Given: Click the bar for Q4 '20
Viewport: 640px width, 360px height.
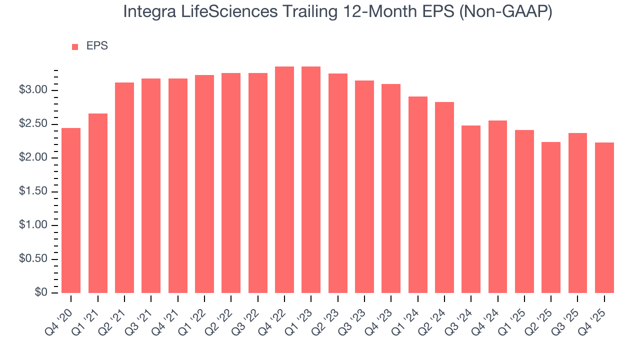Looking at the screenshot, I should tap(71, 210).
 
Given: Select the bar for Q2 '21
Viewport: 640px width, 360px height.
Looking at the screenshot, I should tap(124, 187).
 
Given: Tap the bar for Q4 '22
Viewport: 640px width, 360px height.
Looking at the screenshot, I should tap(284, 179).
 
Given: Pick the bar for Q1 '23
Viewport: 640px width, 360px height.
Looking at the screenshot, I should tap(311, 179).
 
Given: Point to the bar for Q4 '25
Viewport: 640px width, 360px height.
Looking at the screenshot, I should tap(604, 217).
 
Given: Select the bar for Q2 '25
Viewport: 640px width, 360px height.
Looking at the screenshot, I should tap(551, 217).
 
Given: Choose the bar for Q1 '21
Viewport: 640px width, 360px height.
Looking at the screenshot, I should tap(98, 203).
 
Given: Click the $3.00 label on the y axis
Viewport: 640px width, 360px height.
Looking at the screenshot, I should tap(33, 90).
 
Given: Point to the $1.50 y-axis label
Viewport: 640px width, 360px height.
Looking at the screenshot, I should tap(33, 192).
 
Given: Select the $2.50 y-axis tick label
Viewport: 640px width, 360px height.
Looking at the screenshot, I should tap(33, 124).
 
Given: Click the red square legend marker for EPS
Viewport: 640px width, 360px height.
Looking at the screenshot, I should tap(75, 46).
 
